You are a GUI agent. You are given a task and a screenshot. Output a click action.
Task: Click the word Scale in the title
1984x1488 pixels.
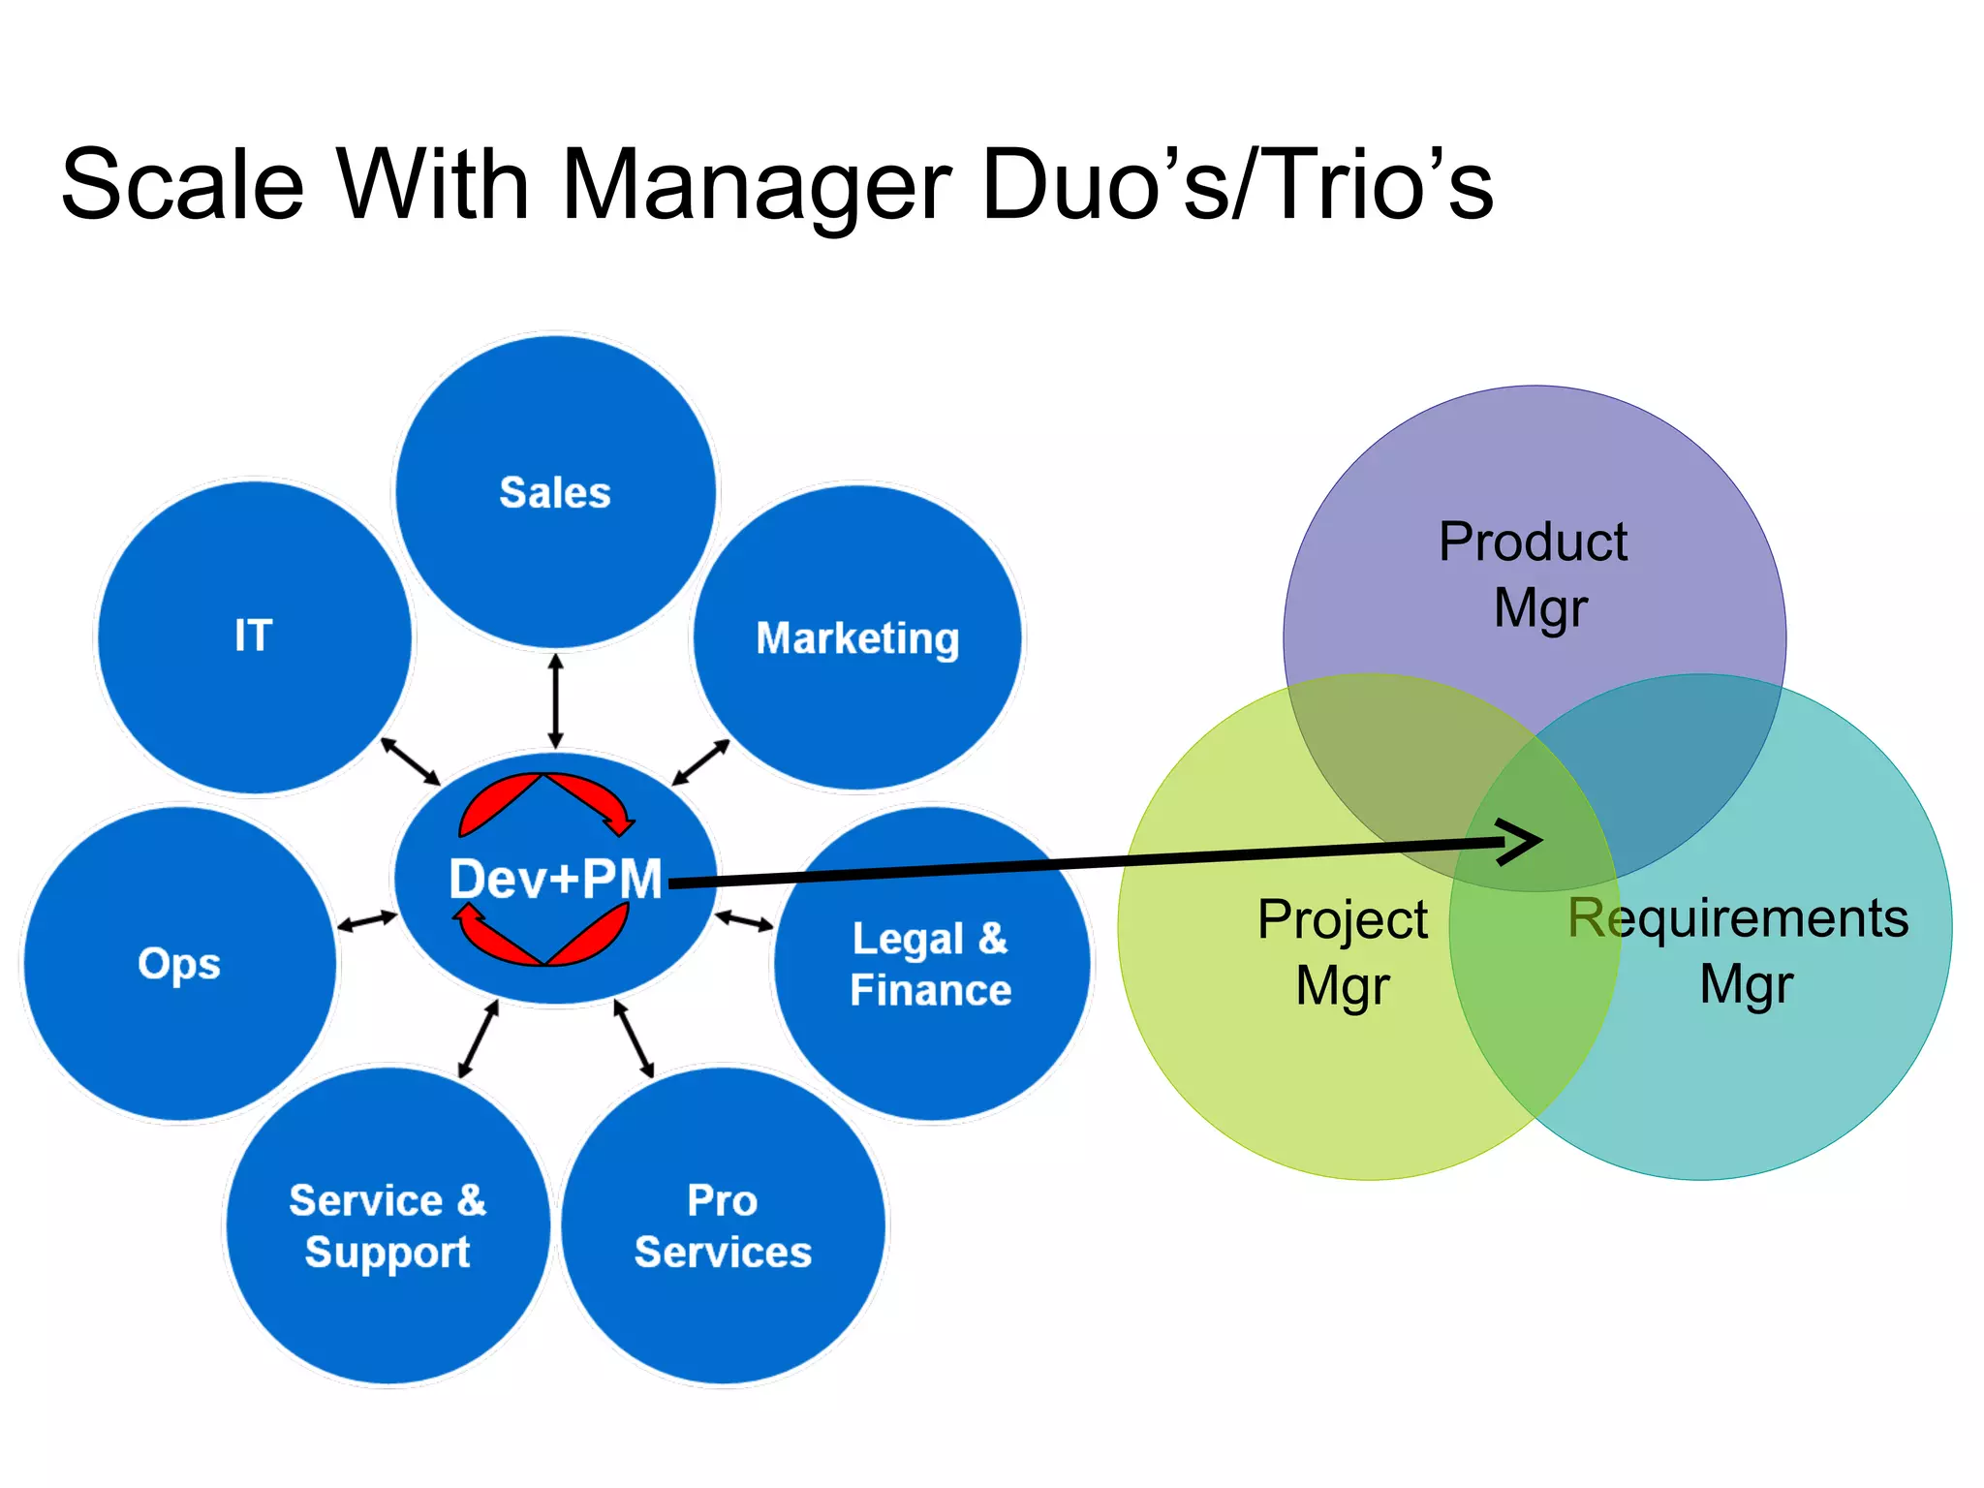point(182,184)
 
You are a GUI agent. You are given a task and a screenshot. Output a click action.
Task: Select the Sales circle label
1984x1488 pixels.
point(554,492)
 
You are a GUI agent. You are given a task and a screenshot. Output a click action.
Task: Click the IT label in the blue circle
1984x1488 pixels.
point(253,635)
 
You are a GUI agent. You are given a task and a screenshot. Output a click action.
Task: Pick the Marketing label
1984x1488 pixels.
point(857,638)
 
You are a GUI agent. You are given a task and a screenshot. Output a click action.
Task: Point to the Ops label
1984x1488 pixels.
point(179,964)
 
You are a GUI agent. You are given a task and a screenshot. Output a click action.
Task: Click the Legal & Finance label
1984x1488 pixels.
point(930,965)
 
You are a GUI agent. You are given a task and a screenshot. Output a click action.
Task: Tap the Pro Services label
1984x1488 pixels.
point(723,1226)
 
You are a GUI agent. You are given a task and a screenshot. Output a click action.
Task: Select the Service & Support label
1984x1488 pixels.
point(387,1226)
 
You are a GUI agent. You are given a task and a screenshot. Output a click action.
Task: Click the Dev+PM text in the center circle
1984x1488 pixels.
point(555,880)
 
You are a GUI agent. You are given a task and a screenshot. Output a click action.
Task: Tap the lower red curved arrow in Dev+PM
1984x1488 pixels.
point(542,935)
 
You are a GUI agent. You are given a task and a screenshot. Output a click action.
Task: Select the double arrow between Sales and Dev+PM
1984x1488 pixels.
point(555,700)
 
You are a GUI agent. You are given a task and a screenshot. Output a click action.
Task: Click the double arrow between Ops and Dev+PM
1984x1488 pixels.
point(366,921)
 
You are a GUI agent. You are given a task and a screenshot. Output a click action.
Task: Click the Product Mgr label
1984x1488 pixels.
point(1534,574)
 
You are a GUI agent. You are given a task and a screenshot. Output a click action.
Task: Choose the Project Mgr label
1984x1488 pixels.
point(1343,952)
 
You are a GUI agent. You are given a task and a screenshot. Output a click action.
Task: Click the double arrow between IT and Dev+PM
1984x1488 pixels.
point(410,761)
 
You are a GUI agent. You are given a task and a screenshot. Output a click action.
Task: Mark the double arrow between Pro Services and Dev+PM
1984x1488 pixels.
point(634,1038)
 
